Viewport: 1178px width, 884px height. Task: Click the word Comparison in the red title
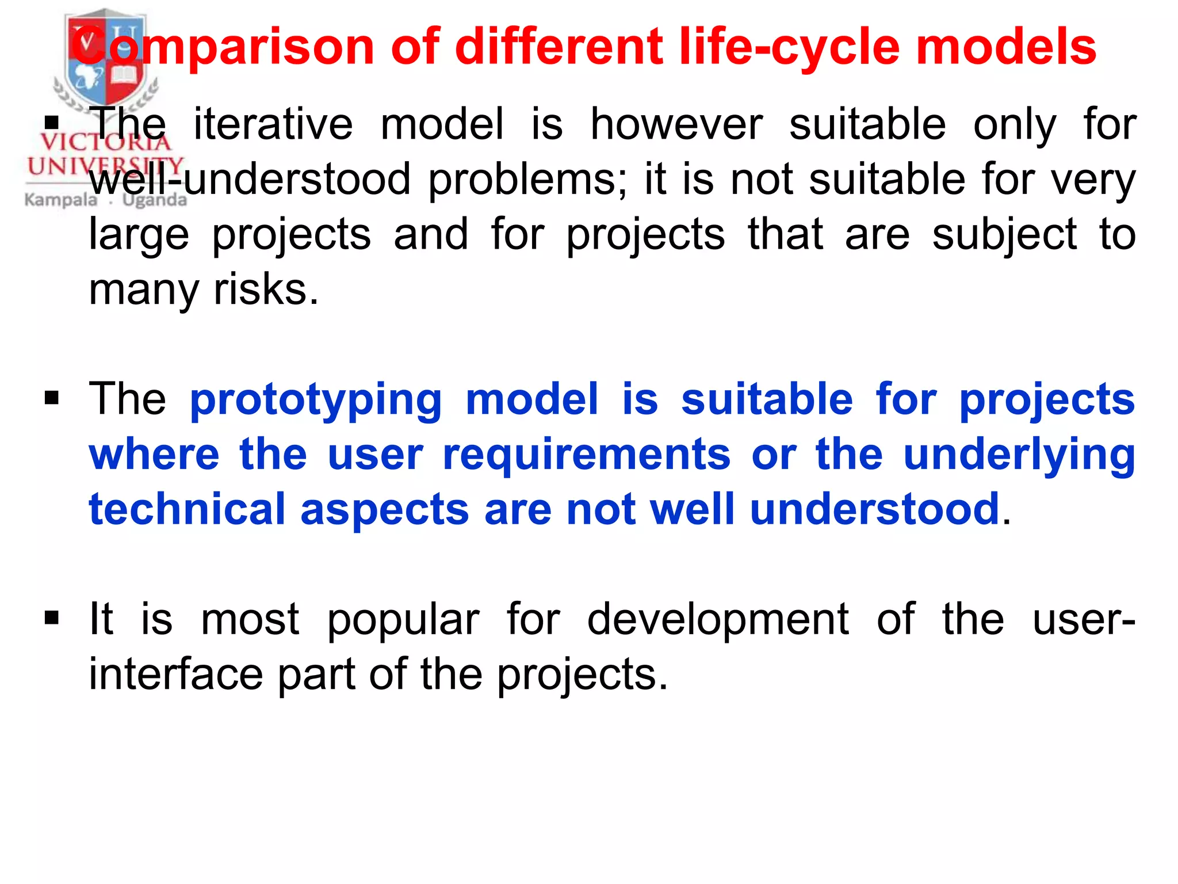224,47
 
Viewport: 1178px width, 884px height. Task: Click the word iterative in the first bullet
273,124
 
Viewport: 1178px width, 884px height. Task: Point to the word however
676,124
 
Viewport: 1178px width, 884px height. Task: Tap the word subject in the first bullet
1004,235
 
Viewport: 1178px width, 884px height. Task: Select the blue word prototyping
316,400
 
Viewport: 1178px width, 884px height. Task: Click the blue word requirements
587,455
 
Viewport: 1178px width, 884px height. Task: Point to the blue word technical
187,509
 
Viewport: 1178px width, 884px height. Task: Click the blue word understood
875,509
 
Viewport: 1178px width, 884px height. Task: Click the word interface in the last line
175,675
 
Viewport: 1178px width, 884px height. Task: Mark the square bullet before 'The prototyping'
52,398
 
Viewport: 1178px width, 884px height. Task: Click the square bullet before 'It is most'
52,618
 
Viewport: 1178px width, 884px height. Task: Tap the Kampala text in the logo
61,200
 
